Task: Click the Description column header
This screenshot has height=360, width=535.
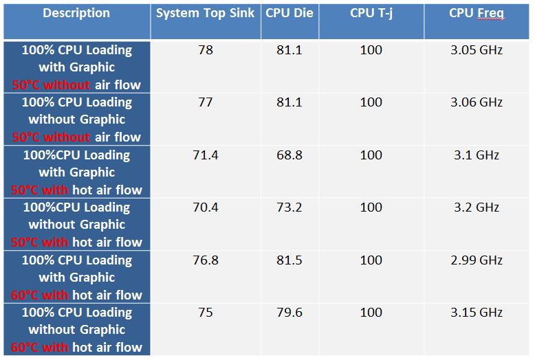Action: [76, 13]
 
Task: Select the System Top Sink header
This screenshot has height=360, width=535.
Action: [206, 13]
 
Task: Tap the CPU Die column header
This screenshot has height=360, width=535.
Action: [289, 13]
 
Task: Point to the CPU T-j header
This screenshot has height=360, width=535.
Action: [371, 13]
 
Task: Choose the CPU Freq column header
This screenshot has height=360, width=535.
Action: [477, 13]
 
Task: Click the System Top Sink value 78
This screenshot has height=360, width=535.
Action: [206, 50]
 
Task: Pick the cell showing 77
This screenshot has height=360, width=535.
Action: [206, 102]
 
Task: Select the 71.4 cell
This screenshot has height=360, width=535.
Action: [206, 155]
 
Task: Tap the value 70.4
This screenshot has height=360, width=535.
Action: [206, 207]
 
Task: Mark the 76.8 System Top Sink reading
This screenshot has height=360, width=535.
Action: [206, 260]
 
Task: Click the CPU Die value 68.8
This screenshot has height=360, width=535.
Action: [289, 155]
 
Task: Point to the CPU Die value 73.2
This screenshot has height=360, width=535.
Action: [289, 207]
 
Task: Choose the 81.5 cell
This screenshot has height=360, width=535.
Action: [289, 260]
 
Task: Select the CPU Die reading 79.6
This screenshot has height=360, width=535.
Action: [289, 313]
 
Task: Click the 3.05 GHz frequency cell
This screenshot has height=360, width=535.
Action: [477, 50]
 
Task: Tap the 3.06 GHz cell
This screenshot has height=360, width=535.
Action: [477, 102]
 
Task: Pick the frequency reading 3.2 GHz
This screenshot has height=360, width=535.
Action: [477, 207]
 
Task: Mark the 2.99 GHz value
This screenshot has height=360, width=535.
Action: [477, 260]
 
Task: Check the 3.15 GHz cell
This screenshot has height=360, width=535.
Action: [477, 313]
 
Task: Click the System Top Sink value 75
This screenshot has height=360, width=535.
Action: [206, 313]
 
